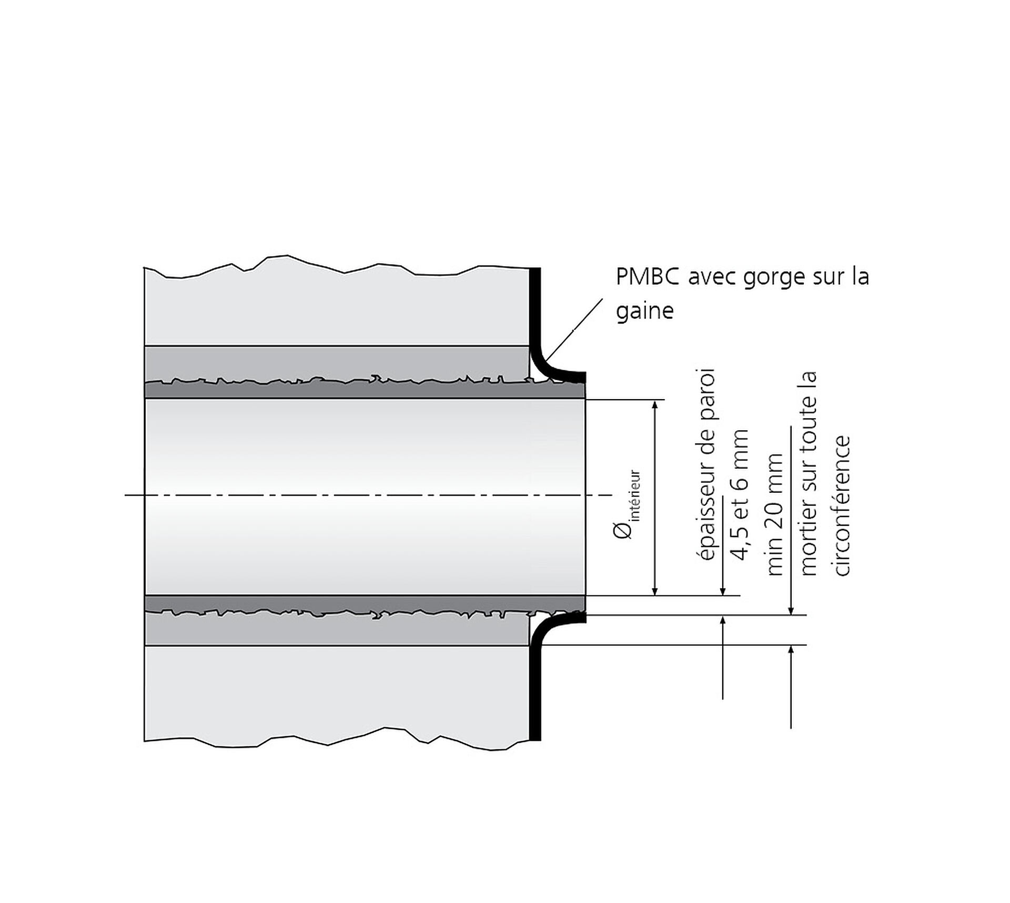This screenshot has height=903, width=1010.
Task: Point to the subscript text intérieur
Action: pos(635,494)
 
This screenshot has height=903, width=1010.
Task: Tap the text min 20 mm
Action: pos(774,514)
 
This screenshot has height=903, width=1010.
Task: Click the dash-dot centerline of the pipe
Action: pos(369,495)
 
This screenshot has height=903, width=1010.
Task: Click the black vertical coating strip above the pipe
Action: pos(535,305)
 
